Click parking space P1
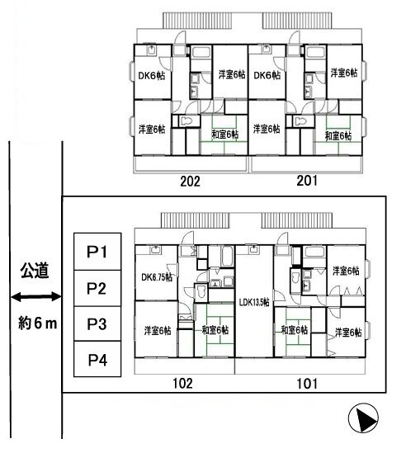click(97, 252)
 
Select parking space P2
click(97, 288)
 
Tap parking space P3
click(97, 323)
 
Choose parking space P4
click(97, 359)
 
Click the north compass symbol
click(363, 418)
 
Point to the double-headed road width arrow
click(36, 297)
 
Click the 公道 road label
click(35, 271)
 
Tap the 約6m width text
click(37, 323)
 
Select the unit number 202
click(190, 182)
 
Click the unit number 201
click(307, 181)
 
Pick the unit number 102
click(182, 383)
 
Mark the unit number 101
click(307, 384)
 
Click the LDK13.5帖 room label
click(254, 302)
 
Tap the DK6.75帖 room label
click(157, 277)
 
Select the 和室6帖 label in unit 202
click(225, 135)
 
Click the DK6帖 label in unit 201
click(267, 75)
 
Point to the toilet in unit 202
click(186, 121)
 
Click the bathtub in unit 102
click(228, 256)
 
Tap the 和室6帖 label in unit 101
click(295, 330)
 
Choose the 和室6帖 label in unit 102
click(215, 330)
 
